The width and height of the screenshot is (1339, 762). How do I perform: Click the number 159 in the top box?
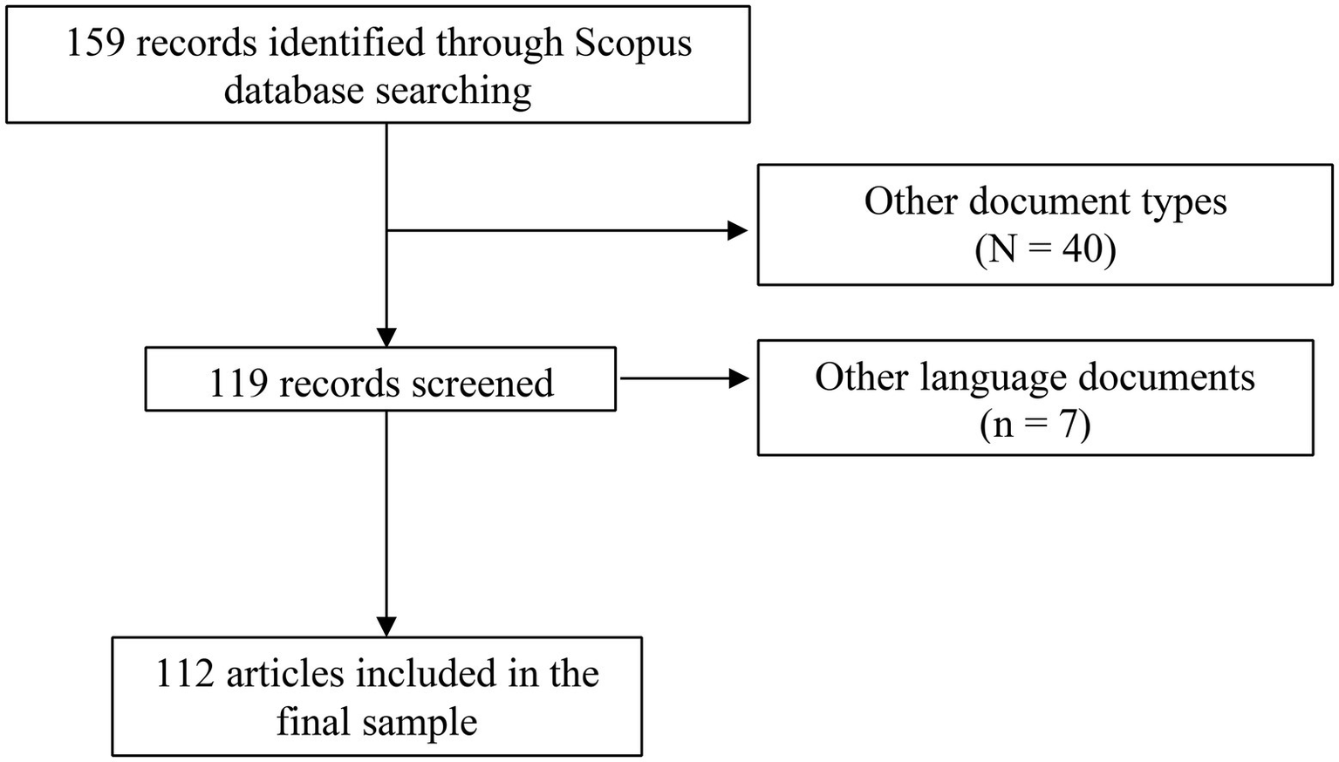pos(96,44)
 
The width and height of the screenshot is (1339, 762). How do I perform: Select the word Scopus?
pos(632,44)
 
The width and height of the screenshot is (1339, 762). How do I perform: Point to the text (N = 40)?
pos(1045,250)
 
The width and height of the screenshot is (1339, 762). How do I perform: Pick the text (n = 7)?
pos(1035,425)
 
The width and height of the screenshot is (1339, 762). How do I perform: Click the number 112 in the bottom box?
pos(186,674)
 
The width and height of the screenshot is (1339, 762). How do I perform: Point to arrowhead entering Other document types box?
pos(738,230)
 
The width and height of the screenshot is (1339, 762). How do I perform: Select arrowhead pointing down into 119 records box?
pos(386,337)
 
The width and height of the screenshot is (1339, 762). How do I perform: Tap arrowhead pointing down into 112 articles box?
pos(386,627)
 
